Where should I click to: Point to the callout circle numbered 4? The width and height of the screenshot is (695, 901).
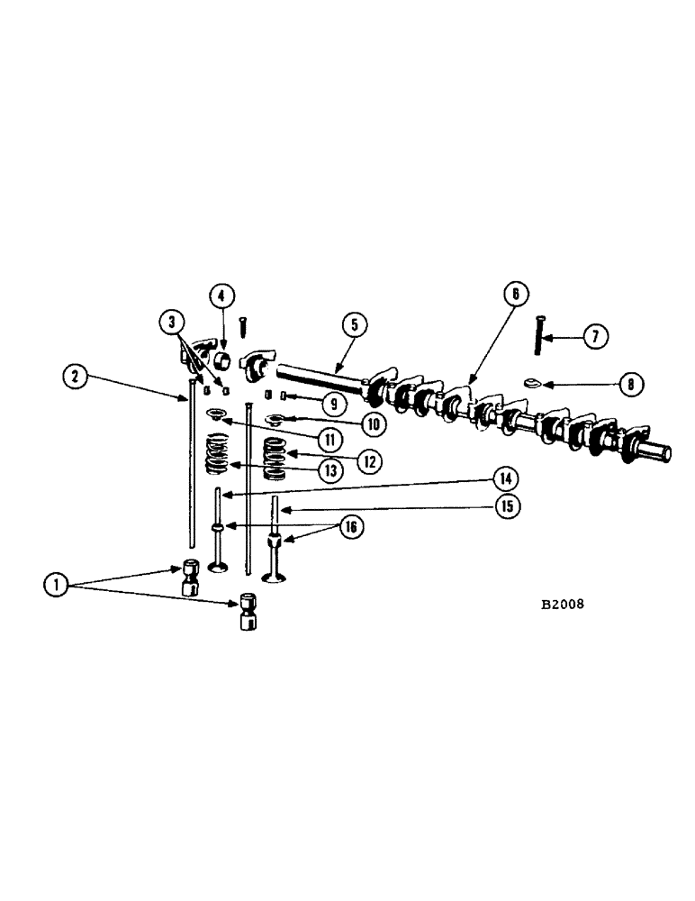[222, 296]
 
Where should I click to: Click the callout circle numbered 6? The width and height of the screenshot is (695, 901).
[515, 295]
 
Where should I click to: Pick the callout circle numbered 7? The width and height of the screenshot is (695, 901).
[594, 337]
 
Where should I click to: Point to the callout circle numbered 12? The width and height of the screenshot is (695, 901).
[368, 461]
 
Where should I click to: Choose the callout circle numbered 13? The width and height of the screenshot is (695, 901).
[332, 469]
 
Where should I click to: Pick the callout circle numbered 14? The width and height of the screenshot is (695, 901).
[506, 478]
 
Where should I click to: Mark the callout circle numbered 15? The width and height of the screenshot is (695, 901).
[507, 506]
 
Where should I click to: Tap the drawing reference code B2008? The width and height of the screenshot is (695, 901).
[562, 605]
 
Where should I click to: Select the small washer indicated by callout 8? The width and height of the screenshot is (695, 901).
[531, 383]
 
